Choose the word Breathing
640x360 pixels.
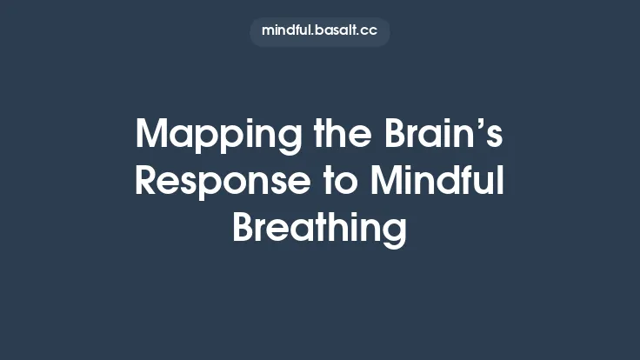319,229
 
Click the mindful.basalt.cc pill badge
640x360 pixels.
320,30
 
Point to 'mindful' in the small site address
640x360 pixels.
287,30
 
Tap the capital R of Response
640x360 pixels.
147,182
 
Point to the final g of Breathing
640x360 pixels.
395,233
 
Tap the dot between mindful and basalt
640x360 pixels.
316,35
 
